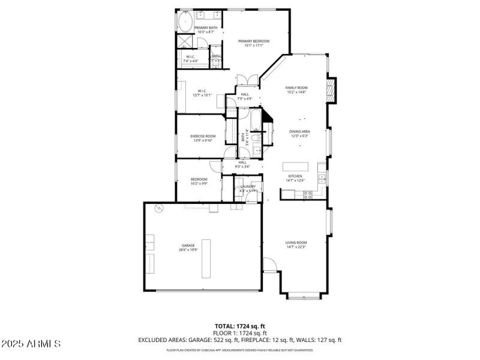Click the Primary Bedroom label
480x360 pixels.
(x=254, y=41)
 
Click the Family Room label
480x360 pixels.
(x=296, y=88)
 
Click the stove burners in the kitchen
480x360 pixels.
(x=308, y=194)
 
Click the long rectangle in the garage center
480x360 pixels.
(x=206, y=259)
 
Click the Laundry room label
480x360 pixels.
(x=248, y=187)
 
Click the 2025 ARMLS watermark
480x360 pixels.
(x=31, y=344)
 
